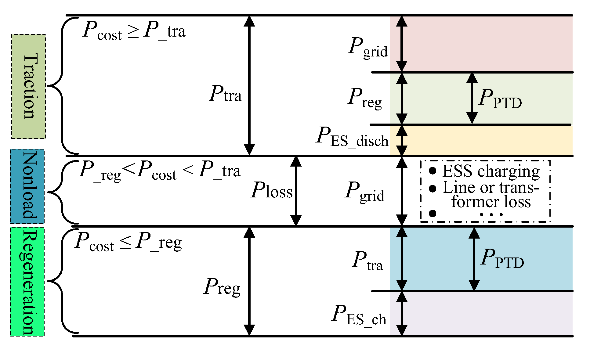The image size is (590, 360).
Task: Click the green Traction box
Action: point(28,86)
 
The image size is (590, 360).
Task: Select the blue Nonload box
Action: point(27,186)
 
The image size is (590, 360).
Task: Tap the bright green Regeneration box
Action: point(27,282)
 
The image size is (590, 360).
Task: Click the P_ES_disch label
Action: point(352,137)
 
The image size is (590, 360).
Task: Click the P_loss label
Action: point(271,191)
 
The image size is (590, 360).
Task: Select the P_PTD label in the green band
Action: point(500,99)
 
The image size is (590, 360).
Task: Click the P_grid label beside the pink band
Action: point(368,48)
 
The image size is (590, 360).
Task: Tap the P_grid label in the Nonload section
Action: point(365,192)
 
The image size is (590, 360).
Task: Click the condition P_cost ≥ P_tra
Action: point(134,31)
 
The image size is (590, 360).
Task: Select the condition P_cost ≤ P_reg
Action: point(128,242)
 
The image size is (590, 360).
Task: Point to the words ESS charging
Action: point(491,171)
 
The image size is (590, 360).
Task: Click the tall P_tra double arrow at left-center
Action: point(249,85)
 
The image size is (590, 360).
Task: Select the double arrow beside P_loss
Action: point(296,191)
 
